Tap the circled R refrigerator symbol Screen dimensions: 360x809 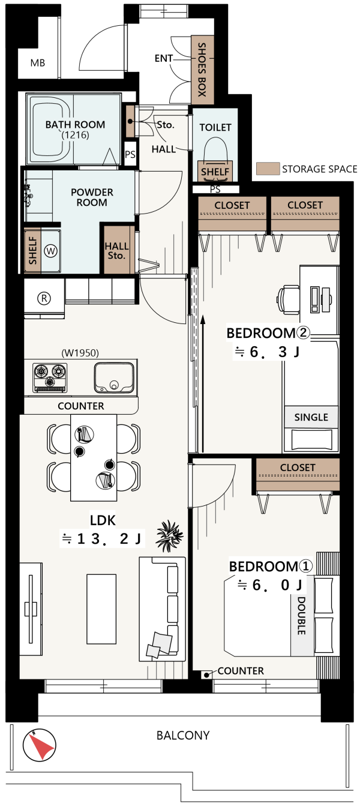[44, 298]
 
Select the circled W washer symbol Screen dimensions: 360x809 [50, 251]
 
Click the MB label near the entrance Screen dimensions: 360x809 [38, 63]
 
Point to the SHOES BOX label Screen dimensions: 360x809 [202, 70]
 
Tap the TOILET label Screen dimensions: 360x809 [215, 127]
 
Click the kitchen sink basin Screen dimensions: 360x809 [114, 377]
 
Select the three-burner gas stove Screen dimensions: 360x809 [50, 377]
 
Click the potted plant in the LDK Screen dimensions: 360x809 [169, 536]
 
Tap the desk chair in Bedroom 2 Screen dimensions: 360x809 [288, 299]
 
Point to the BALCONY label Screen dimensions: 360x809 [183, 735]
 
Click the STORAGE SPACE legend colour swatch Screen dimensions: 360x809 [268, 169]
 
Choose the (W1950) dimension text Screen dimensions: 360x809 [80, 353]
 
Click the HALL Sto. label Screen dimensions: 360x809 [116, 251]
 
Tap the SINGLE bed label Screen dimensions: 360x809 [311, 418]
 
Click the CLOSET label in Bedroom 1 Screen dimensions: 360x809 [298, 468]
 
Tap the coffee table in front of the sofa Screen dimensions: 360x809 [101, 609]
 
